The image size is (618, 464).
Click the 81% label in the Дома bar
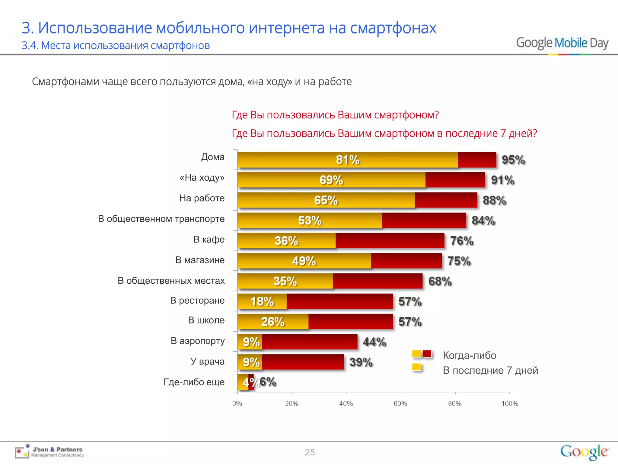348,160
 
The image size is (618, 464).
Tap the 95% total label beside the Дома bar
513,160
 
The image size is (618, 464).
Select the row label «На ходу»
202,178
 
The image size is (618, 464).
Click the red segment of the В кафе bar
390,240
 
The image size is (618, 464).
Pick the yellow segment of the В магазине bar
304,261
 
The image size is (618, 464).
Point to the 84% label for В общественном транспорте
483,221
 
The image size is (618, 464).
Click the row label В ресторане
197,301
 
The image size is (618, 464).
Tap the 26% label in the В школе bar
273,322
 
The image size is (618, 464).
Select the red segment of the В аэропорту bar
310,342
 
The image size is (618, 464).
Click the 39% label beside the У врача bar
361,362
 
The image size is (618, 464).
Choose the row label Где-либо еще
194,382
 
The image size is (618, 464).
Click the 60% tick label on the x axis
400,404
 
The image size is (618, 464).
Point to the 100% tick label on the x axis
510,404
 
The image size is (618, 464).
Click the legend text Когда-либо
469,356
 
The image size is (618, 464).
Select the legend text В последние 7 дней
490,370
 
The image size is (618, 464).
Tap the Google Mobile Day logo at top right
562,43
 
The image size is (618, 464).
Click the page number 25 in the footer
310,452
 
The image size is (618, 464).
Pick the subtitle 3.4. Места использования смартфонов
116,46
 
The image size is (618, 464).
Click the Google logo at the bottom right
584,452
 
